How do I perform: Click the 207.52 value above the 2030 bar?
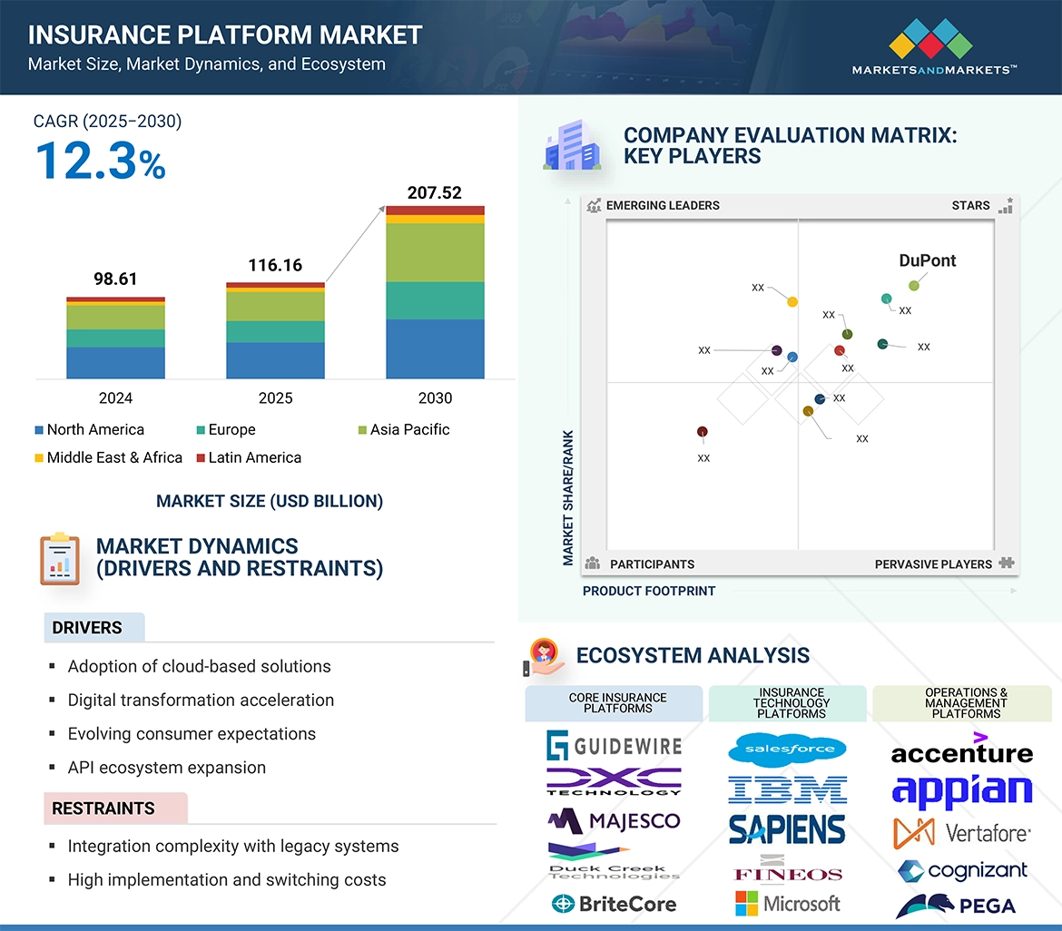435,192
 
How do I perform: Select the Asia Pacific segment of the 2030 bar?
435,252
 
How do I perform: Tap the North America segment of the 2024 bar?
115,362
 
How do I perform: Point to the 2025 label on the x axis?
275,398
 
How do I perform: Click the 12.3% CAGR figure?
100,162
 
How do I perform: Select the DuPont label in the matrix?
927,261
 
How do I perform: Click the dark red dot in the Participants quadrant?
702,432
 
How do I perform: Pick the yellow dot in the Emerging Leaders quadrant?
792,301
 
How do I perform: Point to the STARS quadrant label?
970,206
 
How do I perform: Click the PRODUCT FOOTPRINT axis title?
648,591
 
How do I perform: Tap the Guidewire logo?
615,747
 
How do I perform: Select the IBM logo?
787,789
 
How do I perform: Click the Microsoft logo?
787,904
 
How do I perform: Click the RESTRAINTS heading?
103,808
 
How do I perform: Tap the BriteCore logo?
615,904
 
